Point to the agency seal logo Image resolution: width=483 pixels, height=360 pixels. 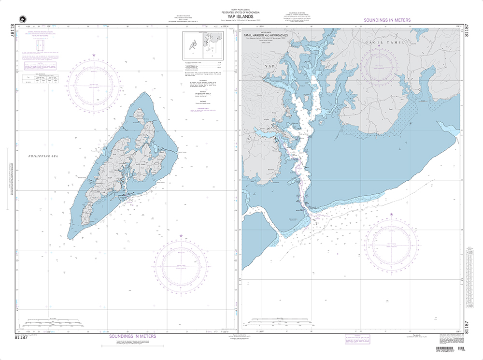(21, 19)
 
